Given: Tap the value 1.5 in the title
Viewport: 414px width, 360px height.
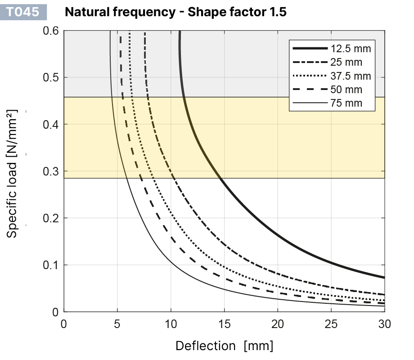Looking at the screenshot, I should [277, 12].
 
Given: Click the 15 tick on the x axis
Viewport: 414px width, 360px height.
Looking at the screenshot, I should [224, 324].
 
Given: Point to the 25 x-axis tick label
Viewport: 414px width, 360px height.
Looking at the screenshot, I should [331, 324].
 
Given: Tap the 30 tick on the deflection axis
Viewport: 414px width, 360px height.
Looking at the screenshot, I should [384, 324].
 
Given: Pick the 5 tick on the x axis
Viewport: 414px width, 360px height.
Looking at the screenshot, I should [117, 324].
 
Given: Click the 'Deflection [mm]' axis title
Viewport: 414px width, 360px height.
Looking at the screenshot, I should [224, 346].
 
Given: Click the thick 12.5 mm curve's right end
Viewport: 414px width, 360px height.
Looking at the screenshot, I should [383, 277].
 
